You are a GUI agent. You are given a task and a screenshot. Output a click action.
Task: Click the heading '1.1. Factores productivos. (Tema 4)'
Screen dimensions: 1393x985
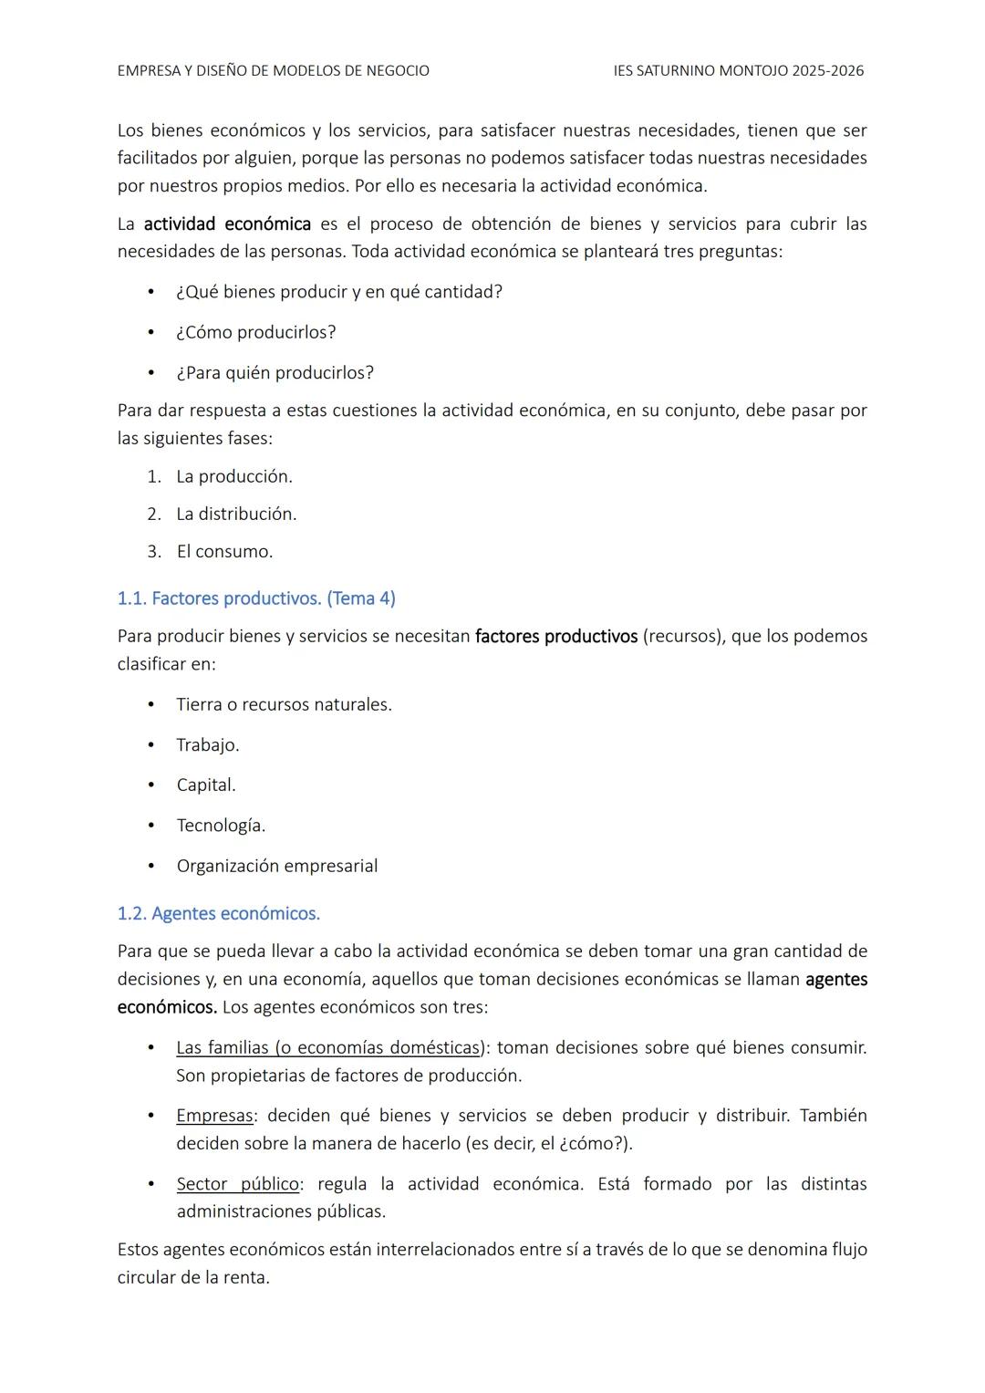[x=256, y=598]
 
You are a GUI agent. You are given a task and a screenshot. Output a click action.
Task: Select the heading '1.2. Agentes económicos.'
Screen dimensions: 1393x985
[x=219, y=913]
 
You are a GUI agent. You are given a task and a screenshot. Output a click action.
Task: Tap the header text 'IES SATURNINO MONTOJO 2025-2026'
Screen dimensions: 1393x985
[x=739, y=70]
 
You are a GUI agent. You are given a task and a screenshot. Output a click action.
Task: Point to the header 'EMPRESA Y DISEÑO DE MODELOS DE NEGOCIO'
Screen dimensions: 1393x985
[x=274, y=70]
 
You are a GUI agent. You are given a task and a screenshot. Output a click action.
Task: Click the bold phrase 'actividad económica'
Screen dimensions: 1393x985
[x=227, y=224]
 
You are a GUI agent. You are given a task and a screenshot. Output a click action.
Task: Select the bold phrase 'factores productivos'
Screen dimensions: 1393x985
[x=556, y=636]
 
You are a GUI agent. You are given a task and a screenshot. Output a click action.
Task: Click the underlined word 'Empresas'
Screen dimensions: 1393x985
[x=215, y=1116]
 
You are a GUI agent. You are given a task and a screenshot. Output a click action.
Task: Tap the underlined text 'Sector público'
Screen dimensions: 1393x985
[x=238, y=1184]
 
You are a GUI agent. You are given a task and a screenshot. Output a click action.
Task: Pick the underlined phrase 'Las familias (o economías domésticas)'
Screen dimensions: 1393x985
[x=329, y=1047]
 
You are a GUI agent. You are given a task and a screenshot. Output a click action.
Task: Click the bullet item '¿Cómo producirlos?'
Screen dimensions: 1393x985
[x=256, y=332]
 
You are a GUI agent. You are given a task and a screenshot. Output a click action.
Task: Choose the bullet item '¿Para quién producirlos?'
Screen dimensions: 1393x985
[x=275, y=373]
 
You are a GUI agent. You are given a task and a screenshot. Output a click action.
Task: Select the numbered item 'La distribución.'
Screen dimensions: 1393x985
[x=237, y=514]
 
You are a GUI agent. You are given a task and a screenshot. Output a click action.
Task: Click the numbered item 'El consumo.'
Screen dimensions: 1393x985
[x=225, y=552]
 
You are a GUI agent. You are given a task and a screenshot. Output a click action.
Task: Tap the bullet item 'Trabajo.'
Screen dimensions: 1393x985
[x=208, y=745]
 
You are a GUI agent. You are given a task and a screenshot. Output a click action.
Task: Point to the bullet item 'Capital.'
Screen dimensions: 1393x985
[x=206, y=785]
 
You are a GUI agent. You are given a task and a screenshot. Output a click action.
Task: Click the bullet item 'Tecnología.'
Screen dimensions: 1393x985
[x=222, y=826]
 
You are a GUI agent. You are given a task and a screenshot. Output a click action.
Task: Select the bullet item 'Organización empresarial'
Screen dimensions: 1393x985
[x=277, y=866]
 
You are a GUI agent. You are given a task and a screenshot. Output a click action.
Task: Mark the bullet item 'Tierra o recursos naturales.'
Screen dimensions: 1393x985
[x=285, y=705]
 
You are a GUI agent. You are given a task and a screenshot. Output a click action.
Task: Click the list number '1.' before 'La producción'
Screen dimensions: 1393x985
[x=154, y=477]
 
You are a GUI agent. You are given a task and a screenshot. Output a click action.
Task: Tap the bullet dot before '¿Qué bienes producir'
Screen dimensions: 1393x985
[x=151, y=292]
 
